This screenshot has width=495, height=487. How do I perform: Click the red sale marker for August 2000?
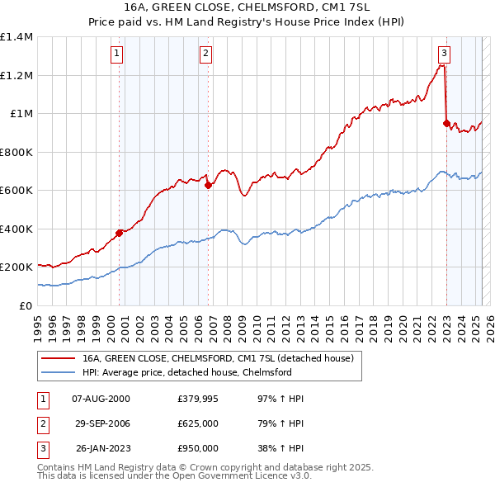(x=119, y=233)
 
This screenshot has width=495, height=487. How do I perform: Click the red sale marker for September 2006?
(x=208, y=186)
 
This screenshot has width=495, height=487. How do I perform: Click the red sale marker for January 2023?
(x=446, y=124)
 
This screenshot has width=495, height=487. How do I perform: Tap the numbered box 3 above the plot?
(x=444, y=54)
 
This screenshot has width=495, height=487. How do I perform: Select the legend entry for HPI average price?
(x=187, y=372)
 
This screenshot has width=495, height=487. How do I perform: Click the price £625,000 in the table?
(x=198, y=424)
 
